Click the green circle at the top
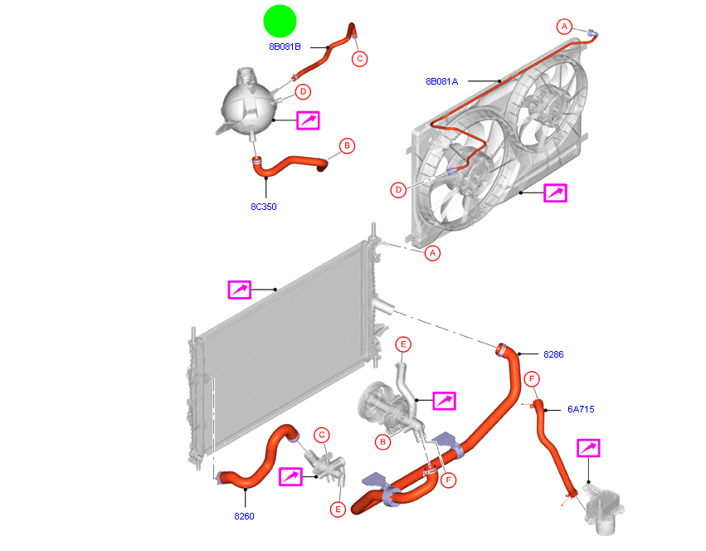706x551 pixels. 280,21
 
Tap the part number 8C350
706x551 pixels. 263,207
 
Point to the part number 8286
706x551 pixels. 553,354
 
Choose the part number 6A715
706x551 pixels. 581,409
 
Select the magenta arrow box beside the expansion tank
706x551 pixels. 308,120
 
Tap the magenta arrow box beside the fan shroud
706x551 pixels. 555,193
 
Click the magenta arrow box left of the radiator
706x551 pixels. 240,290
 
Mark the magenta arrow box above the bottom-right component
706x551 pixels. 588,449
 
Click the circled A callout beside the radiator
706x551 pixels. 432,253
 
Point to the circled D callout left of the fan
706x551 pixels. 399,190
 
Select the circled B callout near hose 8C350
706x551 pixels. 348,147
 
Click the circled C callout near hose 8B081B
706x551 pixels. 359,58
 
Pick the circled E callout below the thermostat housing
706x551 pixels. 338,509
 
